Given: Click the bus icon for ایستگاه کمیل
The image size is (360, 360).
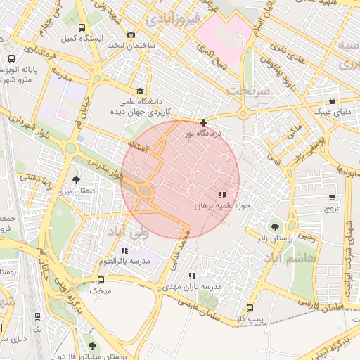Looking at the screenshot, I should pos(82,28).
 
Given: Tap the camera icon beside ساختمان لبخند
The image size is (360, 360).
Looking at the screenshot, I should pos(131,35).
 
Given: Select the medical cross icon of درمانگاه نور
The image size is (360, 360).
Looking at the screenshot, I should pos(204,122).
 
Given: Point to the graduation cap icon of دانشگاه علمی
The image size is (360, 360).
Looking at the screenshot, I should pos(139,91).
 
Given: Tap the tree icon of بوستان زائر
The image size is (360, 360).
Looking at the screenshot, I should pos(274,227).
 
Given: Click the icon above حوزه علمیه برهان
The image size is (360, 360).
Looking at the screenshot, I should pos(222,195).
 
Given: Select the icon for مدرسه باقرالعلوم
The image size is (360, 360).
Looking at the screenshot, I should pos(125,250).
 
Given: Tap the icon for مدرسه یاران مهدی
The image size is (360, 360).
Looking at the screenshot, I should pos(192,276).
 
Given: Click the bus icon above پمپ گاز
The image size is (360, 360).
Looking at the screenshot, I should pos(250,308).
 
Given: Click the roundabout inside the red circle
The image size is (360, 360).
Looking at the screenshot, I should pos(145,191).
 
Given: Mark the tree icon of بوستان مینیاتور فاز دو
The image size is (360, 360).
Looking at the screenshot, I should pos(92,345).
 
